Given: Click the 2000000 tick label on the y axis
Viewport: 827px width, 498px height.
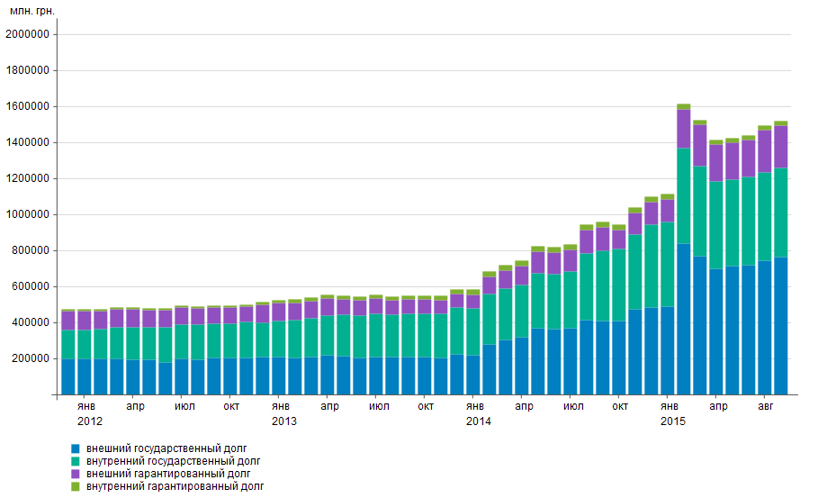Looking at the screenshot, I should tap(29, 34).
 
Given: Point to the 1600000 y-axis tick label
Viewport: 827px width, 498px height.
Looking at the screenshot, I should tap(29, 106).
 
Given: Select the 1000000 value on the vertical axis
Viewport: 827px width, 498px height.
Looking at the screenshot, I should tap(29, 214).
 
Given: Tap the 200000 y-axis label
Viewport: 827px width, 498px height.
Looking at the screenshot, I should tap(32, 358).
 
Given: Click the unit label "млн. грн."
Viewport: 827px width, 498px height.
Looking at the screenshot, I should tap(31, 10).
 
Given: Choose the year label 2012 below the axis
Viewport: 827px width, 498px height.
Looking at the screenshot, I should tap(90, 421).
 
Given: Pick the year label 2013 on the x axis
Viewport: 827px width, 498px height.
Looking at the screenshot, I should tap(284, 421).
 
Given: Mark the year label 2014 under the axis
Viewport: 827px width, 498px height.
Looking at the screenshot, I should tap(479, 421).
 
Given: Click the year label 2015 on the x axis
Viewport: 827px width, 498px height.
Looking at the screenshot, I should tap(673, 421).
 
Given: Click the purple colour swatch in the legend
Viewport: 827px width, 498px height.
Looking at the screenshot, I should tap(76, 474).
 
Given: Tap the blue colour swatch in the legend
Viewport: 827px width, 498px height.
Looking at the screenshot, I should tap(76, 448).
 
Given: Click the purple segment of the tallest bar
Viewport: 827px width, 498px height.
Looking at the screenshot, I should tap(684, 129).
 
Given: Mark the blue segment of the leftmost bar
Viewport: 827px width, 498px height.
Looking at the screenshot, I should tap(68, 376).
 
